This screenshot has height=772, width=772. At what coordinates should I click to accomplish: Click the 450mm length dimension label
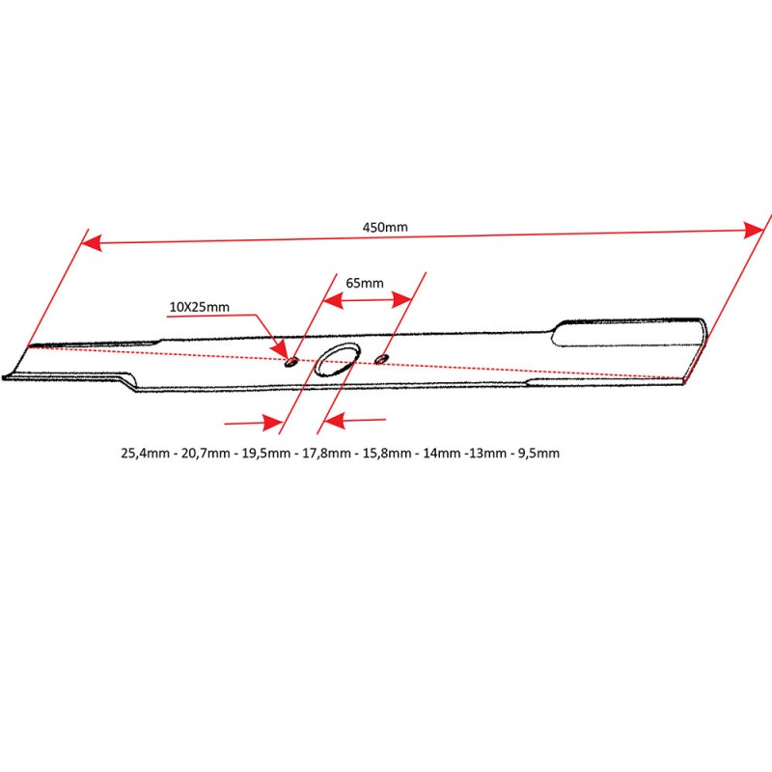[385, 227]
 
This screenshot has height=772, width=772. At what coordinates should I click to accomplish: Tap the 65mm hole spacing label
[365, 283]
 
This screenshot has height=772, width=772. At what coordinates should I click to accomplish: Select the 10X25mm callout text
[200, 307]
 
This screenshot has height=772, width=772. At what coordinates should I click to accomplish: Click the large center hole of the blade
[337, 359]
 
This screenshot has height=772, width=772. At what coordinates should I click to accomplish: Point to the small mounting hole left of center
[291, 363]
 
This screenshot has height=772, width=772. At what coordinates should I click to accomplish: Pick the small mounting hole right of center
[381, 358]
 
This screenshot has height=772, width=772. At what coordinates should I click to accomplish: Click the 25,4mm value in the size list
[146, 453]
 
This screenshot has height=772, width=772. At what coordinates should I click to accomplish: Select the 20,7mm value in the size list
[206, 453]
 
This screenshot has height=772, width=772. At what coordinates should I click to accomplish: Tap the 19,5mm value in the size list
[266, 453]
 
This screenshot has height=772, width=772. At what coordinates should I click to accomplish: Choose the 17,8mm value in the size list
[326, 453]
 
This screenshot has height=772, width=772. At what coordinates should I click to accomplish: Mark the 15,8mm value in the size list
[387, 453]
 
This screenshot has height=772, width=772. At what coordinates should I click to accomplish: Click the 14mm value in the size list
[442, 453]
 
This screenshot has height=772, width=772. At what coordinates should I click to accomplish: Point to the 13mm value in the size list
[488, 453]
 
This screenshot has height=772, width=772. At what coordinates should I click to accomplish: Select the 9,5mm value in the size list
[538, 453]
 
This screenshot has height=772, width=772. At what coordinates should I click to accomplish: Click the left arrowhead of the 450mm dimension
[92, 243]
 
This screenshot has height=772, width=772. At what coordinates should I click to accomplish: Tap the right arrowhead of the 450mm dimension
[754, 230]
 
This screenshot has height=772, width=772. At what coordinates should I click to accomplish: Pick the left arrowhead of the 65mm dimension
[333, 300]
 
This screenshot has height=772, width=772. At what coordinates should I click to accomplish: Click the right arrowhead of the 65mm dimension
[401, 299]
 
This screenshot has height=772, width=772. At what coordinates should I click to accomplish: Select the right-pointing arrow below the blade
[254, 423]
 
